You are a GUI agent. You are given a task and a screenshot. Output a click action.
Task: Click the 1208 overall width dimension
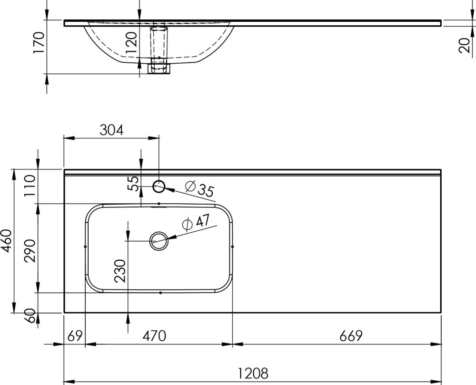coord(253,373)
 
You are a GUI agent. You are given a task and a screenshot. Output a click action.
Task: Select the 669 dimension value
coord(351,336)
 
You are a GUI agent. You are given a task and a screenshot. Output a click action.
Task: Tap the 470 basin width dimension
coord(155,336)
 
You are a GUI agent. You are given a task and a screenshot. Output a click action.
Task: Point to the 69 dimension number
coord(75,336)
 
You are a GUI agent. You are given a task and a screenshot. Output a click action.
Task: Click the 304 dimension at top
coord(112,130)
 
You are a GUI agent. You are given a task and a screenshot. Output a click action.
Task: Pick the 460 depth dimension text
coord(6,241)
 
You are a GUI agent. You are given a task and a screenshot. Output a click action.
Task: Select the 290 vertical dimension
coord(30,251)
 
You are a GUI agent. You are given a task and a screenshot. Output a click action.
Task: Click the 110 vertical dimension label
coord(30,186)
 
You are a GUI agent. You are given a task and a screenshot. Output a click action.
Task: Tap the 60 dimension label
coord(30,316)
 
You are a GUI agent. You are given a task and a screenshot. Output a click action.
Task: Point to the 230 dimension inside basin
coord(120,271)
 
